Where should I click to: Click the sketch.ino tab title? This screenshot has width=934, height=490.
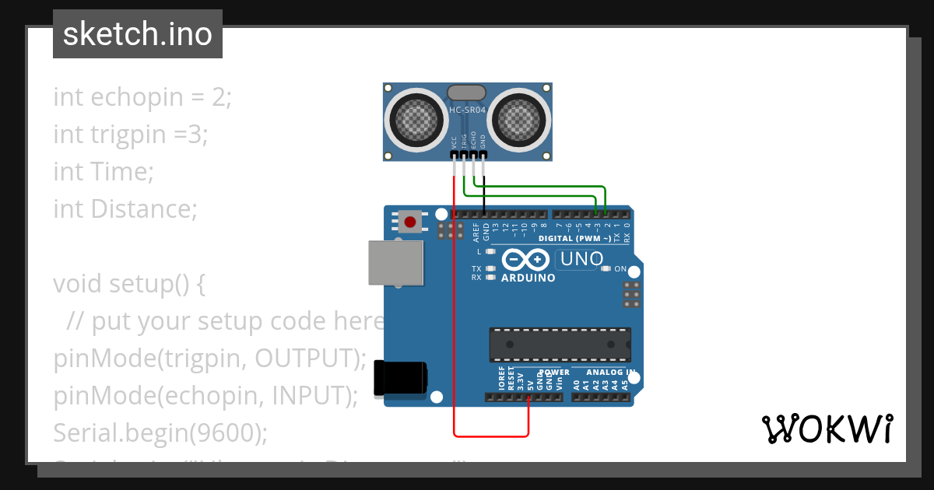tap(138, 34)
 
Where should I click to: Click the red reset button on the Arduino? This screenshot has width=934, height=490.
tap(410, 222)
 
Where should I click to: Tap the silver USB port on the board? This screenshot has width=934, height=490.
tap(396, 262)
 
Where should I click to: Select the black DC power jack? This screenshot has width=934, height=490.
tap(401, 379)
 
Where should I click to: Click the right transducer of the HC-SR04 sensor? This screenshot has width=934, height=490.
tap(519, 118)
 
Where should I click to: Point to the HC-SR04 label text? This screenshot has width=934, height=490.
tap(468, 110)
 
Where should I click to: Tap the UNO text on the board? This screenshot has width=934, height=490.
tap(581, 258)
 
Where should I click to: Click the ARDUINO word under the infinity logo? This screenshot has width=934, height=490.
tap(528, 278)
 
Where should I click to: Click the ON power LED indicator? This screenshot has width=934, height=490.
tap(608, 269)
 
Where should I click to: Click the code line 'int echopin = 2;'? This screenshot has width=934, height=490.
tap(142, 97)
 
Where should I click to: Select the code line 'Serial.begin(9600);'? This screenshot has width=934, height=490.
tap(160, 432)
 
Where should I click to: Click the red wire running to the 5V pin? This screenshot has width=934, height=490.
tap(454, 311)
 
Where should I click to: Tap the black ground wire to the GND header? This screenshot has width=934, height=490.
tap(484, 194)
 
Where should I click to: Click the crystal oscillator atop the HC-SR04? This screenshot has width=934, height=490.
tap(467, 94)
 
